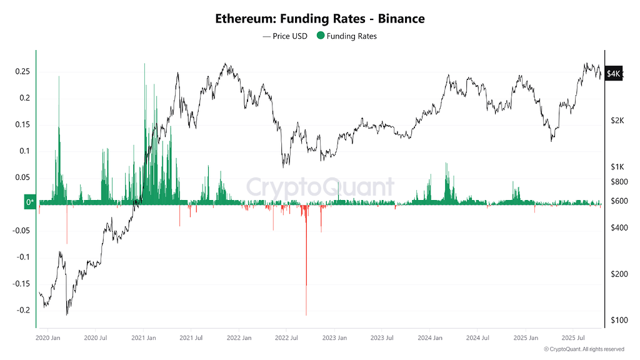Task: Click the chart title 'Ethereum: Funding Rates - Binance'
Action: (x=319, y=19)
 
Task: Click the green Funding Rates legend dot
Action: (x=321, y=36)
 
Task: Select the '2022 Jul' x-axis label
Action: (x=286, y=338)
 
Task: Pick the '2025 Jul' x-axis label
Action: (x=573, y=338)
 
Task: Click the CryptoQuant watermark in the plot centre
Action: (x=319, y=187)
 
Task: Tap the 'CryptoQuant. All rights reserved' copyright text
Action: (x=584, y=349)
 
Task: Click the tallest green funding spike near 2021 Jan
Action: (x=144, y=69)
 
